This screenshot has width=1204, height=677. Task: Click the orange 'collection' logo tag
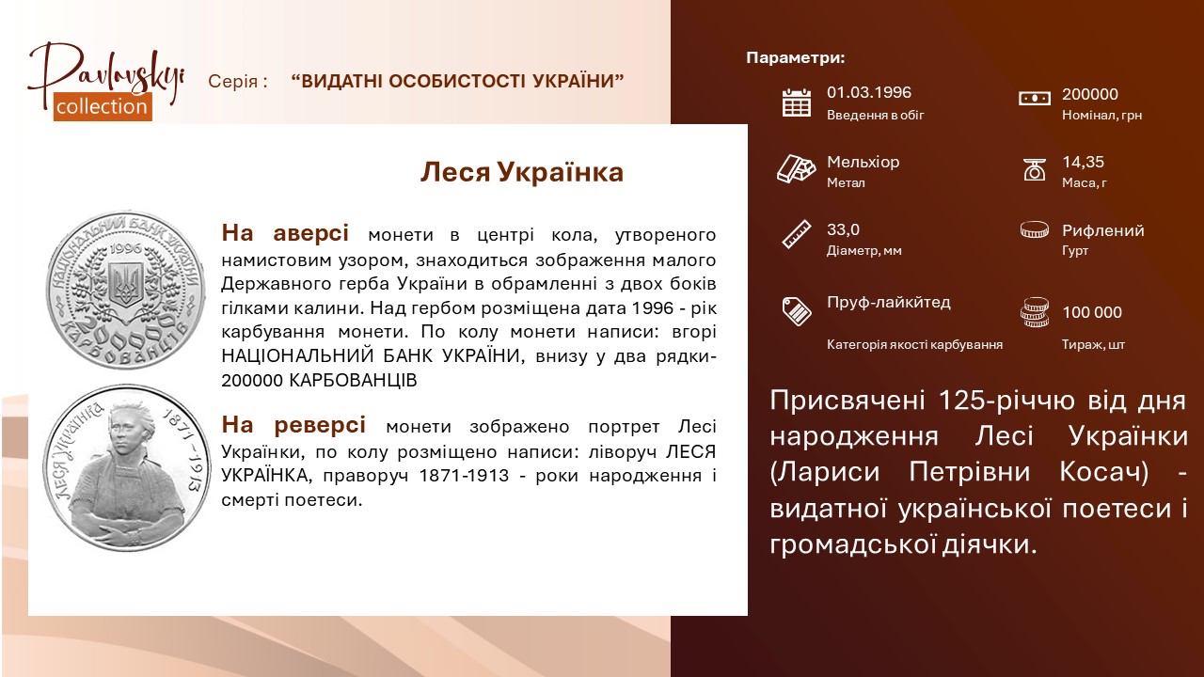click(x=103, y=106)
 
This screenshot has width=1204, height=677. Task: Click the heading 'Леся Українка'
click(x=521, y=172)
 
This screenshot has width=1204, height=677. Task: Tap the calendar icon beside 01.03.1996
click(x=797, y=102)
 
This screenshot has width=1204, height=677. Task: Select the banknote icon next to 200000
click(x=1034, y=99)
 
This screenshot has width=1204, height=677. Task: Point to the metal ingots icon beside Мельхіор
click(x=796, y=168)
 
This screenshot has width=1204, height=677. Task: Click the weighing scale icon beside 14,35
click(x=1034, y=169)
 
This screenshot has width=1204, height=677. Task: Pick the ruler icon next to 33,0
click(x=797, y=234)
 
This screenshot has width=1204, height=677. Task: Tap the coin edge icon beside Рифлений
click(x=1034, y=229)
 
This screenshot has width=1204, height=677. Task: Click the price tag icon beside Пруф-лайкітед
click(x=797, y=310)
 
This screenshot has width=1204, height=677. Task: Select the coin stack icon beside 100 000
click(x=1034, y=312)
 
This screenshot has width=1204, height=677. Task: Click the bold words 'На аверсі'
click(x=285, y=233)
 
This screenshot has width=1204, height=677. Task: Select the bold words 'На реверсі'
click(x=293, y=424)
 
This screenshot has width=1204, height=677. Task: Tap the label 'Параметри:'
click(x=796, y=57)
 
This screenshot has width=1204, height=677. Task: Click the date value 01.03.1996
click(x=869, y=92)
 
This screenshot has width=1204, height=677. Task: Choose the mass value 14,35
click(x=1083, y=162)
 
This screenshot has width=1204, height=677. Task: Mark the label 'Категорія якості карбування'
click(x=915, y=344)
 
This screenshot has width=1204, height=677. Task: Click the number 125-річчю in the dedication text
click(x=1006, y=401)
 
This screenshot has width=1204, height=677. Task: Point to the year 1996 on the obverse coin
click(x=126, y=249)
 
